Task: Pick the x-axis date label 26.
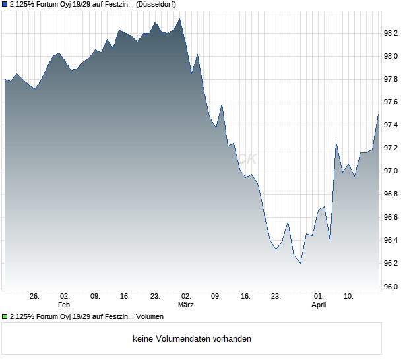tap(35, 296)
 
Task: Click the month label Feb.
tap(64, 305)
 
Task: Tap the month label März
tap(186, 305)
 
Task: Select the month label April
tap(319, 305)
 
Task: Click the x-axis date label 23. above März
tap(155, 296)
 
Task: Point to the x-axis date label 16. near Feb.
tap(125, 296)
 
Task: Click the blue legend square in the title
tap(5, 4)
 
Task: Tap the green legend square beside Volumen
tap(5, 316)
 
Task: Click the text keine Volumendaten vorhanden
tap(192, 339)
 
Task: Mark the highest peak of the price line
tap(180, 18)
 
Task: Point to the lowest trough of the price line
tap(300, 263)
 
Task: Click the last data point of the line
tap(378, 115)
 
